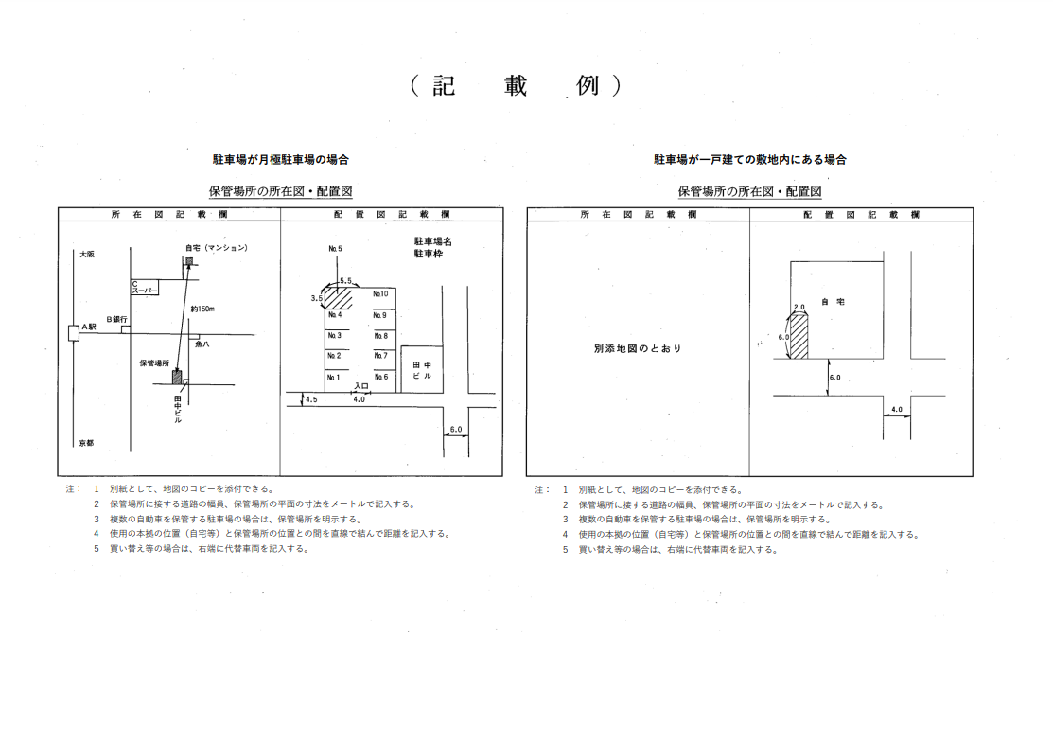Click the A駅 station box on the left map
pos(73,332)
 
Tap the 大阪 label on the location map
pos(87,254)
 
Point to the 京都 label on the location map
pos(87,443)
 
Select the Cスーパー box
pos(144,286)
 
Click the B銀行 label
pos(117,320)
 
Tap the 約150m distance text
pos(202,309)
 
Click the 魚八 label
pos(202,345)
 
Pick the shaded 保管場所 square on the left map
pos(176,377)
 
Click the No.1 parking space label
pos(334,377)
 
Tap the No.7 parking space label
pos(380,356)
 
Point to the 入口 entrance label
pos(360,386)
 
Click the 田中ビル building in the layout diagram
pos(421,369)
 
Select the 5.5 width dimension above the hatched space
pos(345,281)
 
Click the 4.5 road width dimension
pos(310,399)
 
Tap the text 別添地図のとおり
pos(638,348)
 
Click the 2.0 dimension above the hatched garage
pos(799,308)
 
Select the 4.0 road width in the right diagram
pos(897,410)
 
